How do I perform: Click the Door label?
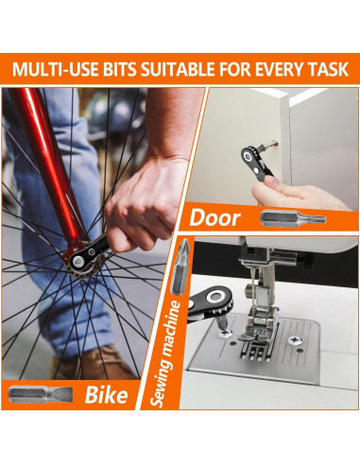(x=215, y=217)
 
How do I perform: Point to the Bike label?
(x=107, y=394)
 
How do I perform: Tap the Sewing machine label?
(x=166, y=353)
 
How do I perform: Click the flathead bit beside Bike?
(x=41, y=394)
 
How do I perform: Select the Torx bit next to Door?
(x=293, y=218)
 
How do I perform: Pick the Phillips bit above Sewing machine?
(x=180, y=267)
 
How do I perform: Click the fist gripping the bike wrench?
(x=144, y=205)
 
